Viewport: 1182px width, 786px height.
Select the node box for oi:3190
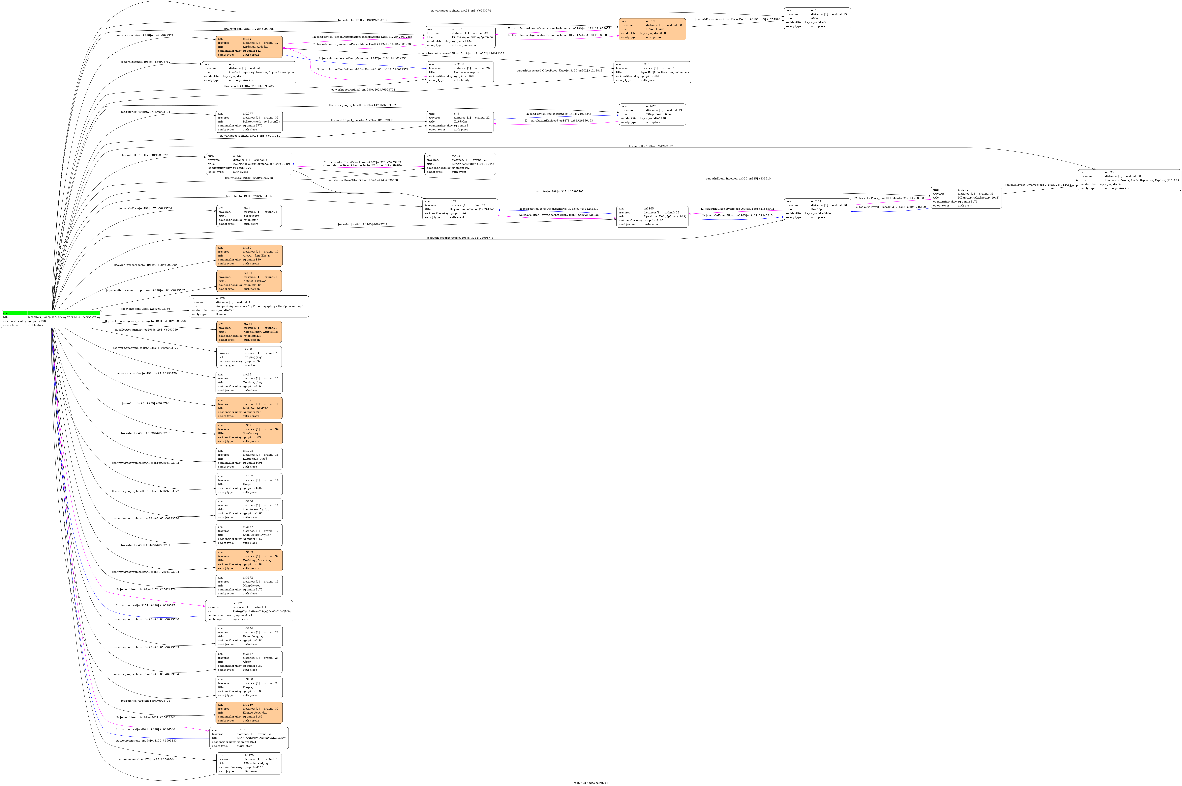(x=652, y=29)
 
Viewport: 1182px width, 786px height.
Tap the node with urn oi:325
(x=1129, y=180)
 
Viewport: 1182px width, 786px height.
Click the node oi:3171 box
(x=966, y=198)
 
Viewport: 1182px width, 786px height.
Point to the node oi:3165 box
(x=652, y=217)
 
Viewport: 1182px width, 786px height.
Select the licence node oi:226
(x=249, y=306)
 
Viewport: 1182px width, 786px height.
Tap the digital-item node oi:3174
(x=249, y=611)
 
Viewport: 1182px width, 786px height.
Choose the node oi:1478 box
(x=652, y=114)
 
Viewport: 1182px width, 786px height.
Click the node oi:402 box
(x=460, y=164)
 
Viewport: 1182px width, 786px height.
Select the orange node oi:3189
(x=249, y=712)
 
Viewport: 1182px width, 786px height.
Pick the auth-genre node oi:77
(x=249, y=216)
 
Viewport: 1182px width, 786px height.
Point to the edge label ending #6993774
(x=460, y=11)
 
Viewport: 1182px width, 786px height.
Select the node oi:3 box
(x=817, y=19)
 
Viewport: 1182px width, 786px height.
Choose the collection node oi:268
(x=249, y=357)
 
